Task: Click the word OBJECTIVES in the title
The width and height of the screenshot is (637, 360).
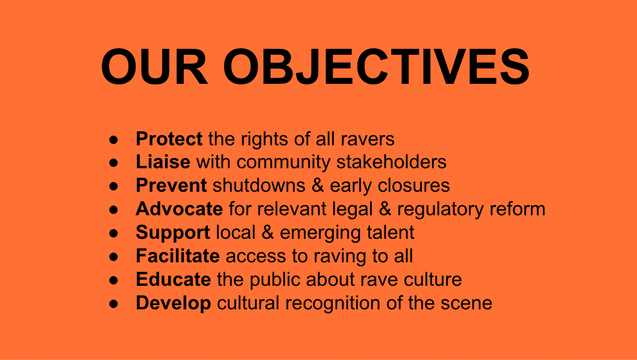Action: point(376,67)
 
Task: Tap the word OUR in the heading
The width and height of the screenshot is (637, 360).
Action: point(154,67)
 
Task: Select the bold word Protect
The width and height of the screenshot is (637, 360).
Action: point(169,139)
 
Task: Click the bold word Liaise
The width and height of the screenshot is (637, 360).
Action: point(163,162)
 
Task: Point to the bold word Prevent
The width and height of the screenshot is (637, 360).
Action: point(171,186)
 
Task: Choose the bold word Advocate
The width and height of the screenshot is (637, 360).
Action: point(179,209)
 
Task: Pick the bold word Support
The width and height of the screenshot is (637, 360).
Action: point(173,233)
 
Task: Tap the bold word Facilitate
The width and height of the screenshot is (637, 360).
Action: point(178,256)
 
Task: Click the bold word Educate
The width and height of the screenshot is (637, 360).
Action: point(174,280)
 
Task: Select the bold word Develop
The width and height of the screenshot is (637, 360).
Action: point(174,303)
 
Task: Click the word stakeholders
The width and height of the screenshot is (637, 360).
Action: point(392,162)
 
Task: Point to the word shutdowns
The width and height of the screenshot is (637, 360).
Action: point(259,186)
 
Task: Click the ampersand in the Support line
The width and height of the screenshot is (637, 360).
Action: point(268,233)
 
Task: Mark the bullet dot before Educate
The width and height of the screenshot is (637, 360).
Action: point(114,280)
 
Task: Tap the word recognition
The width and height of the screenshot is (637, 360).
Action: point(330,304)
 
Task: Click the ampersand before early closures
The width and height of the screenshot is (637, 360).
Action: point(318,186)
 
